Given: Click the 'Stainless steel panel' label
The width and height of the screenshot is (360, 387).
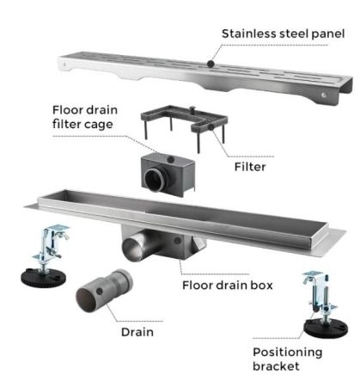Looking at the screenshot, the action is pyautogui.click(x=283, y=34).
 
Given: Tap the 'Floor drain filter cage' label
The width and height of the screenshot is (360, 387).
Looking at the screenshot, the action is pyautogui.click(x=85, y=117).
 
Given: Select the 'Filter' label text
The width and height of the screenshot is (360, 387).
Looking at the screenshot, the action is pyautogui.click(x=250, y=167).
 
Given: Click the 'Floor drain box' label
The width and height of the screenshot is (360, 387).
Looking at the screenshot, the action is pyautogui.click(x=228, y=286).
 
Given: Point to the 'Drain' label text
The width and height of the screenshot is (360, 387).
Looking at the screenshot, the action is pyautogui.click(x=137, y=332).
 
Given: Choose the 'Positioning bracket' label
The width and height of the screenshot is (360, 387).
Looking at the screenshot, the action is pyautogui.click(x=288, y=359).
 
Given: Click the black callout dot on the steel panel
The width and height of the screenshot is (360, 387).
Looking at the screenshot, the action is pyautogui.click(x=211, y=64).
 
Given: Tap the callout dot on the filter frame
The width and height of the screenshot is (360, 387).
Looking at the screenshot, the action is pyautogui.click(x=211, y=126).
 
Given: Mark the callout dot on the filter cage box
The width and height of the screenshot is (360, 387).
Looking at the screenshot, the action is pyautogui.click(x=171, y=159).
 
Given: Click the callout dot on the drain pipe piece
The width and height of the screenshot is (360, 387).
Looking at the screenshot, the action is pyautogui.click(x=100, y=291).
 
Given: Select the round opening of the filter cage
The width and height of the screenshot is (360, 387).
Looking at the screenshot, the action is pyautogui.click(x=154, y=180).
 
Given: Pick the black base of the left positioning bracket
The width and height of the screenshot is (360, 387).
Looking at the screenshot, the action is pyautogui.click(x=44, y=277).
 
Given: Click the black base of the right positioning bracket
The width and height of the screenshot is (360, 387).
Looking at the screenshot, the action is pyautogui.click(x=326, y=329).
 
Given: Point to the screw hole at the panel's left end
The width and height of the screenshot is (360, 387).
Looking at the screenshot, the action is pyautogui.click(x=65, y=64).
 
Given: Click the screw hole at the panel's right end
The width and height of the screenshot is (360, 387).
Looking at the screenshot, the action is pyautogui.click(x=324, y=95).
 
